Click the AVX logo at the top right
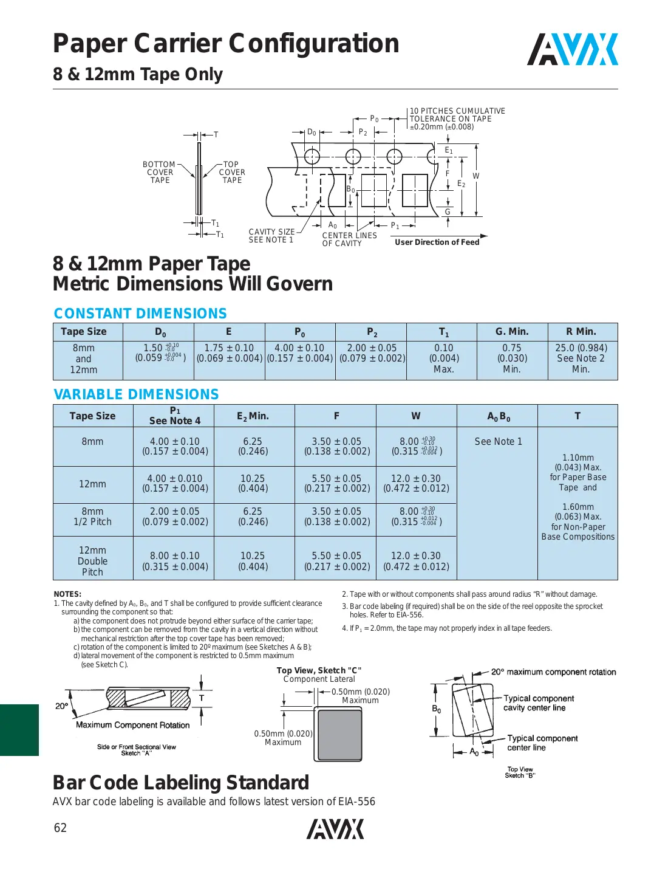click(572, 50)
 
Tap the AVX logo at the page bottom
click(335, 829)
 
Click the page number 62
click(60, 828)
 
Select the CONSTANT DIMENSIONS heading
click(140, 314)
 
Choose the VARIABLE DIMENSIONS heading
click(136, 394)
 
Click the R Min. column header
click(581, 332)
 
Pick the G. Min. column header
click(512, 332)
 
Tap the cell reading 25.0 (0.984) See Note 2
click(581, 359)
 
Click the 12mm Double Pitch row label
click(92, 561)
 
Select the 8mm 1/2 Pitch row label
click(92, 517)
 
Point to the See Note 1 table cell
click(498, 442)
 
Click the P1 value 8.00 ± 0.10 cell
click(175, 561)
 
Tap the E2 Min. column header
click(253, 416)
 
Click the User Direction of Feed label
click(437, 242)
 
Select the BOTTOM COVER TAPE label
click(160, 173)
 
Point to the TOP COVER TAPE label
click(232, 173)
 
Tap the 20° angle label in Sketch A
click(61, 706)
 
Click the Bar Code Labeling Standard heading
click(181, 783)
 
